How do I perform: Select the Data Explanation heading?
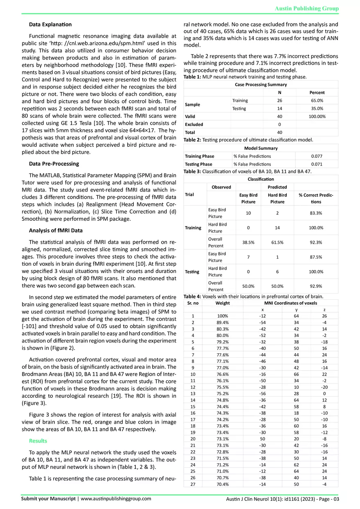[50, 25]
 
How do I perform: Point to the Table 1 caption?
[248, 77]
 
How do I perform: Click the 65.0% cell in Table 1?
[317, 100]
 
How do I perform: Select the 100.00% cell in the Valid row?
[317, 116]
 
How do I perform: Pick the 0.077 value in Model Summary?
[317, 156]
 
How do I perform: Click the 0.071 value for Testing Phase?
[317, 164]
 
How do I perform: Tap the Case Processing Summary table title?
[261, 85]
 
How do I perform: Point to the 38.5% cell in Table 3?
[248, 242]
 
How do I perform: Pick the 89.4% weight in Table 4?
[223, 322]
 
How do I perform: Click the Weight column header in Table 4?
[223, 303]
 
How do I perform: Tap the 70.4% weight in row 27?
[223, 484]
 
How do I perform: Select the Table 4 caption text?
[254, 296]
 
